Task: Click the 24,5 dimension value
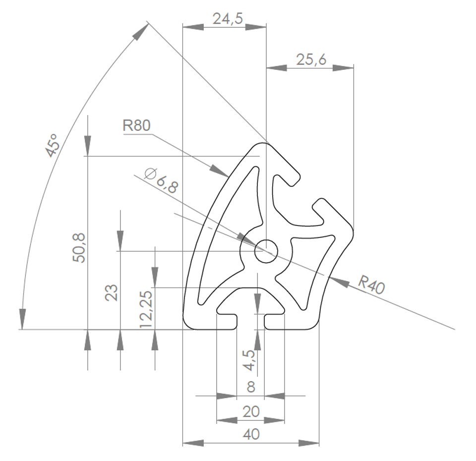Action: pyautogui.click(x=228, y=18)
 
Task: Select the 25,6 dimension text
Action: pyautogui.click(x=311, y=59)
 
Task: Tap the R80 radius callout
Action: pyautogui.click(x=137, y=125)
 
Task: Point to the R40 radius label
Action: pyautogui.click(x=371, y=285)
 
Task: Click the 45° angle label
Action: pyautogui.click(x=52, y=145)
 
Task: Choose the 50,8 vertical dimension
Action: pyautogui.click(x=79, y=248)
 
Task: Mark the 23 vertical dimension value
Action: pyautogui.click(x=112, y=292)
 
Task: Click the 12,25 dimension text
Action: pyautogui.click(x=146, y=309)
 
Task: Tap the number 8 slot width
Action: pyautogui.click(x=251, y=387)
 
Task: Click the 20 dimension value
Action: pyautogui.click(x=251, y=411)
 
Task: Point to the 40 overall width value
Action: pyautogui.click(x=251, y=434)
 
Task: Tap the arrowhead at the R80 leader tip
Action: pyautogui.click(x=220, y=171)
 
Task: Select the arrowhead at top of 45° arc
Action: pyautogui.click(x=140, y=32)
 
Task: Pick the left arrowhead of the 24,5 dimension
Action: pyautogui.click(x=193, y=27)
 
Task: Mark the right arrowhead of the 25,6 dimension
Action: pyautogui.click(x=343, y=68)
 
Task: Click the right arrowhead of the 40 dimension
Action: pyautogui.click(x=309, y=443)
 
